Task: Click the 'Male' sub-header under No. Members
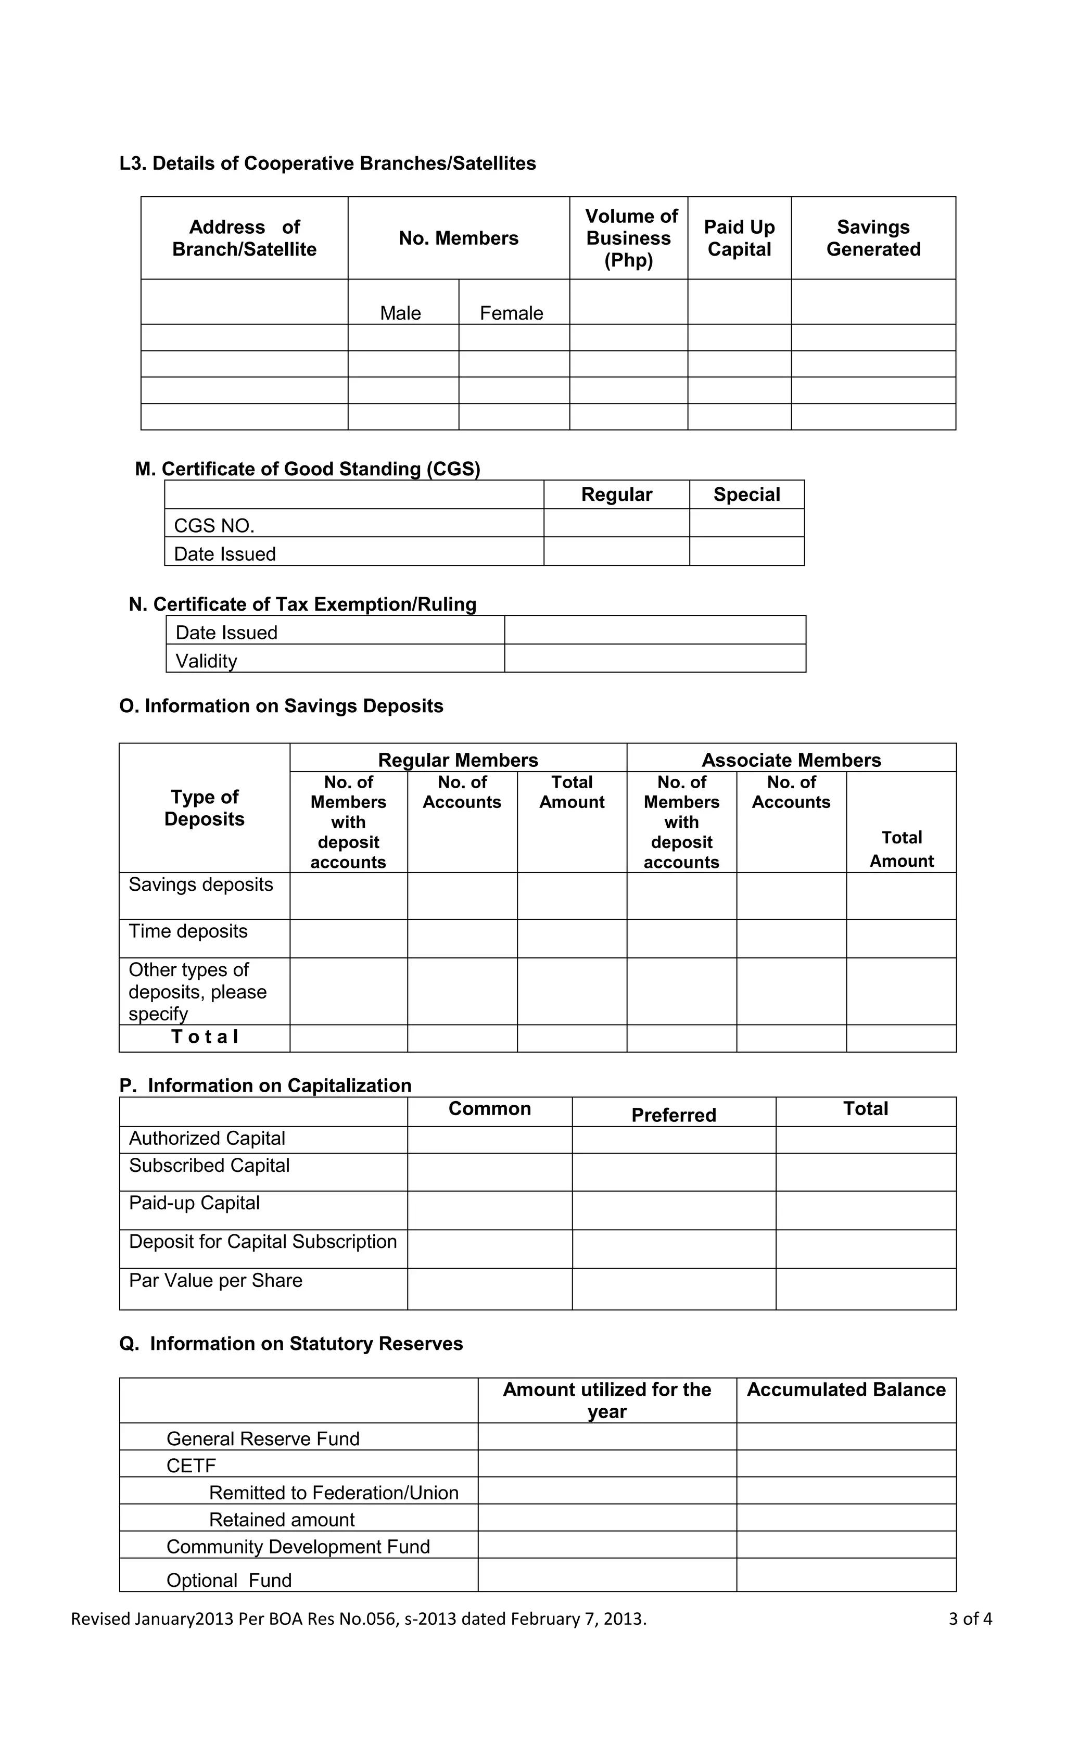400,313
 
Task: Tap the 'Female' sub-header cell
511,313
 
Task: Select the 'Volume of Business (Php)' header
629,238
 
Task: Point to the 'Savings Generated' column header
873,238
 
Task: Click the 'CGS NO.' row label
214,525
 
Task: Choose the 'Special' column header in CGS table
747,494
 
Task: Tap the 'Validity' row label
207,661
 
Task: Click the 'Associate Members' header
791,760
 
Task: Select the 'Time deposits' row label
188,931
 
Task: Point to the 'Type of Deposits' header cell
205,807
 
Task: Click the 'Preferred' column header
674,1115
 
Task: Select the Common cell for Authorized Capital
489,1140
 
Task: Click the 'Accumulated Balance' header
846,1389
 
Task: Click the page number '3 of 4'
970,1619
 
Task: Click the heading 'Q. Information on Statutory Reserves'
291,1343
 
